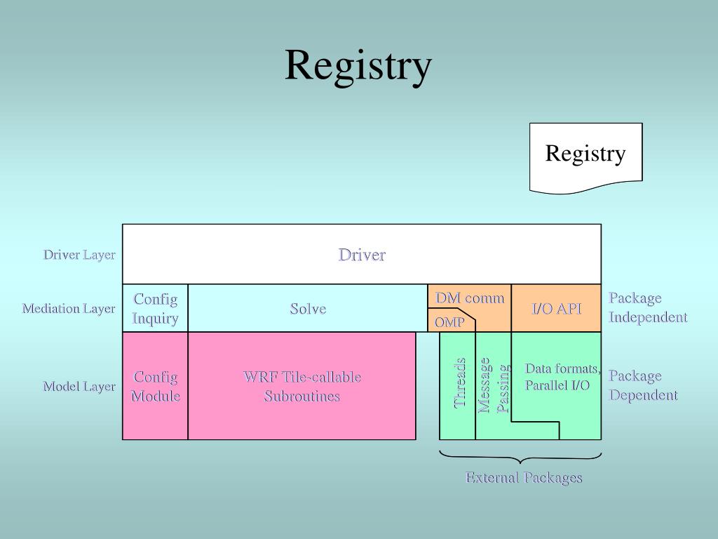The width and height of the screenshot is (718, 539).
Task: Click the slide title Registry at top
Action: point(358,66)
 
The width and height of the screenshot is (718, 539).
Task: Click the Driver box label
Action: point(362,255)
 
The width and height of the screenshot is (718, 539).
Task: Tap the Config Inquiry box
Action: point(155,309)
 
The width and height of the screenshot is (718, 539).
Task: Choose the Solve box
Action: point(308,309)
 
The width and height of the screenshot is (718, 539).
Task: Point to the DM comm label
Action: point(470,298)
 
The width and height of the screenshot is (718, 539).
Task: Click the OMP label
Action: point(449,322)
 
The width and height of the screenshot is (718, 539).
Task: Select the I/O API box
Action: point(557,309)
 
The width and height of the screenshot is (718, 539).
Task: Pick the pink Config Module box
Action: point(155,386)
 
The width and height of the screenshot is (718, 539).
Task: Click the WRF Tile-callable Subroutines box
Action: point(302,386)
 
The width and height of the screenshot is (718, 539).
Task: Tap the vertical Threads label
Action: point(460,383)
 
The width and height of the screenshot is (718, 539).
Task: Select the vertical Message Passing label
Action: point(493,385)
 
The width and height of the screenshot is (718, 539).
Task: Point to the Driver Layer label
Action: point(79,255)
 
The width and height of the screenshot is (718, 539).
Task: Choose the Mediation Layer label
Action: point(69,309)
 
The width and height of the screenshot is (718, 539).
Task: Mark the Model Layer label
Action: point(79,387)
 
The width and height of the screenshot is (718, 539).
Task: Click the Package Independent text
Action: point(647,307)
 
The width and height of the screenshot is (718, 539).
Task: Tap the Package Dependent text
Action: point(643,385)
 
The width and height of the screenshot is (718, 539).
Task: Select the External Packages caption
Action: point(524,478)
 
